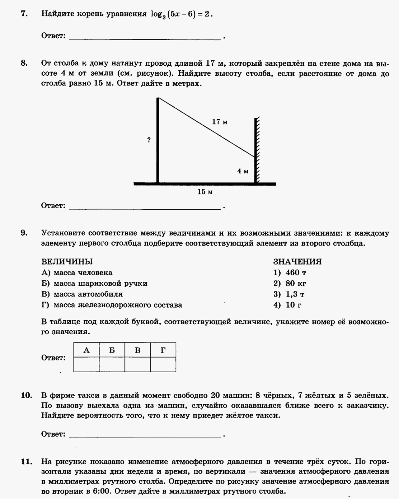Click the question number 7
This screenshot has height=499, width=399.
pyautogui.click(x=24, y=14)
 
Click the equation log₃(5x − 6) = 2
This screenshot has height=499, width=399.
pyautogui.click(x=182, y=14)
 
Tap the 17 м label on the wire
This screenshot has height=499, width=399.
pyautogui.click(x=220, y=122)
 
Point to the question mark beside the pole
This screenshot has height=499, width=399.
pyautogui.click(x=149, y=140)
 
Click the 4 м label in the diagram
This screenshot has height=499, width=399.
pyautogui.click(x=243, y=171)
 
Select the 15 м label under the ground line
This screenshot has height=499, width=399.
pyautogui.click(x=205, y=192)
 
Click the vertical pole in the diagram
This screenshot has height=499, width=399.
pyautogui.click(x=158, y=144)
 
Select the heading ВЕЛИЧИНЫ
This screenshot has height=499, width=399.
pyautogui.click(x=67, y=261)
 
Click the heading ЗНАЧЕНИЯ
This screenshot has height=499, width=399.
pyautogui.click(x=297, y=261)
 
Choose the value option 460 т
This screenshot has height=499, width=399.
pyautogui.click(x=296, y=272)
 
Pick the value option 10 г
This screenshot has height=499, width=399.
pyautogui.click(x=294, y=305)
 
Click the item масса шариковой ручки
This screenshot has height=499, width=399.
pyautogui.click(x=100, y=283)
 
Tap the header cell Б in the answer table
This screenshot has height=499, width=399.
pyautogui.click(x=112, y=350)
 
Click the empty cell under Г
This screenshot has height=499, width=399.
pyautogui.click(x=163, y=364)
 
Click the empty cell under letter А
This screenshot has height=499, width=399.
pyautogui.click(x=86, y=364)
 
